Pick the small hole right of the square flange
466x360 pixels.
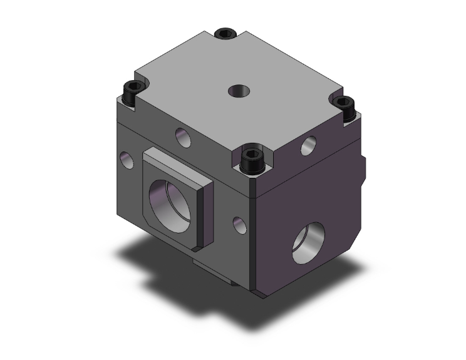(239, 226)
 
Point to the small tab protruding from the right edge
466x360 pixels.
(364, 164)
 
